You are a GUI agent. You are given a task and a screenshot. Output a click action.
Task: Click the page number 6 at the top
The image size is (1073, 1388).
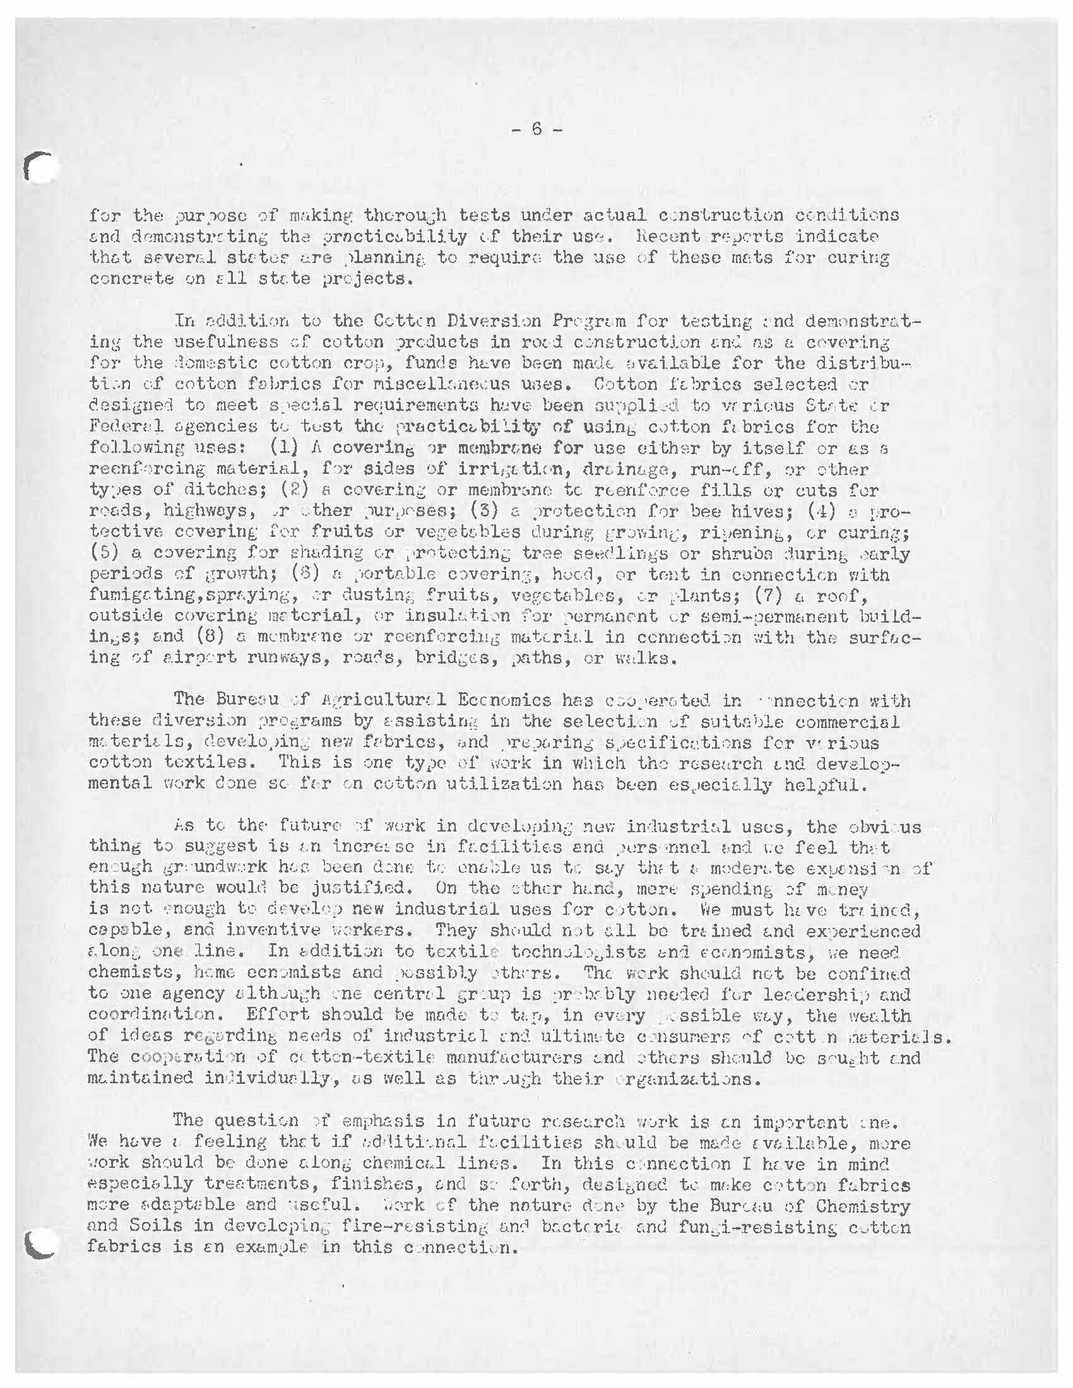[x=536, y=129]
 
